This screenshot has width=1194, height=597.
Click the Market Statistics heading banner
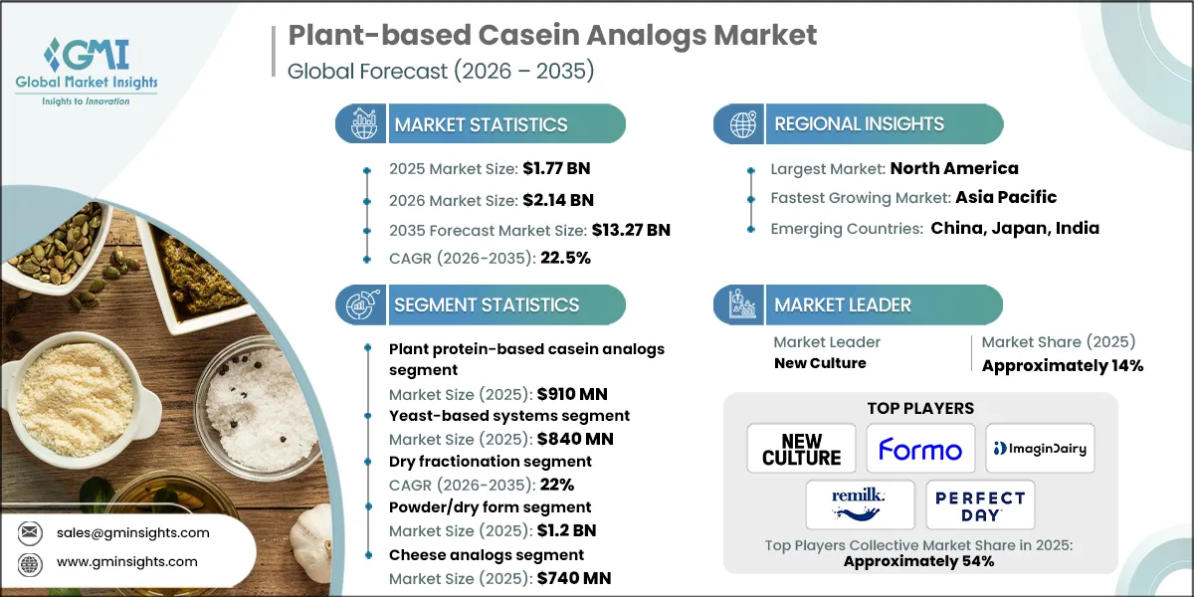pyautogui.click(x=481, y=124)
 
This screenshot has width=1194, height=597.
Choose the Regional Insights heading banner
pyautogui.click(x=858, y=124)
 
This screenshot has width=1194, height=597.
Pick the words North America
pyautogui.click(x=953, y=168)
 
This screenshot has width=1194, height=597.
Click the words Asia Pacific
pyautogui.click(x=1006, y=197)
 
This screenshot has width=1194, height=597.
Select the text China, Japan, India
pyautogui.click(x=1015, y=228)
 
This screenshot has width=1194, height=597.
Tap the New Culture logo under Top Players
pyautogui.click(x=801, y=450)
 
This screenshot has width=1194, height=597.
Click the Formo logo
pyautogui.click(x=919, y=450)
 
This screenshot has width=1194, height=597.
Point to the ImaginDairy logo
pyautogui.click(x=1039, y=450)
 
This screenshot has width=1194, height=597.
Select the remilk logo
pyautogui.click(x=861, y=504)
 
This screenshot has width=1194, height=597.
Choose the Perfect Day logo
pyautogui.click(x=980, y=504)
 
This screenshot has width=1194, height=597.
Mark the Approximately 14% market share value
pyautogui.click(x=1062, y=365)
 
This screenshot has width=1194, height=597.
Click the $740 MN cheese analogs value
pyautogui.click(x=573, y=578)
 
